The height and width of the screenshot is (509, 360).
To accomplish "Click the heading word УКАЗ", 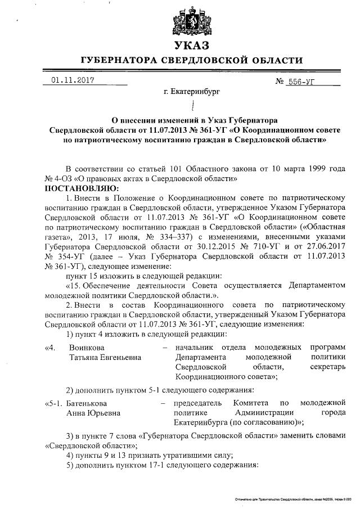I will coord(191,46).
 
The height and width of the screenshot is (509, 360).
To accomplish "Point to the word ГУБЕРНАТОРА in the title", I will coord(125,60).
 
